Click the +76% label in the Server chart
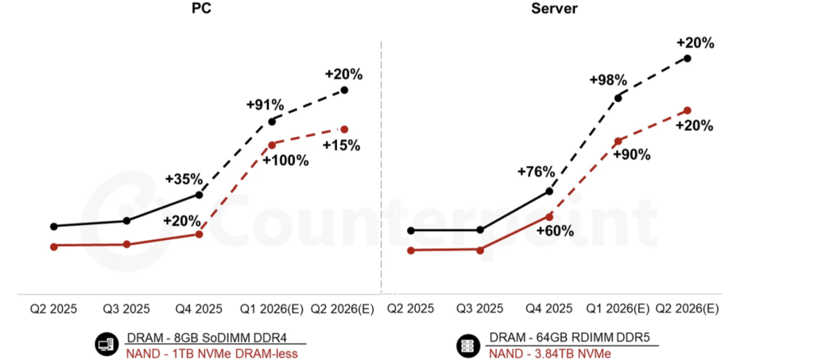536,172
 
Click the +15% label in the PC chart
341,145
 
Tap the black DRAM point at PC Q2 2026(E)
344,90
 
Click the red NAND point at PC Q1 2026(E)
272,145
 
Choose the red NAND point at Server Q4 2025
548,215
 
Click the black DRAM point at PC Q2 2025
53,226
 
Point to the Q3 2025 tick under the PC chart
126,308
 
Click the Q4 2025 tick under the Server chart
548,308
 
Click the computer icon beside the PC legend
105,345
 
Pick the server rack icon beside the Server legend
467,345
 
